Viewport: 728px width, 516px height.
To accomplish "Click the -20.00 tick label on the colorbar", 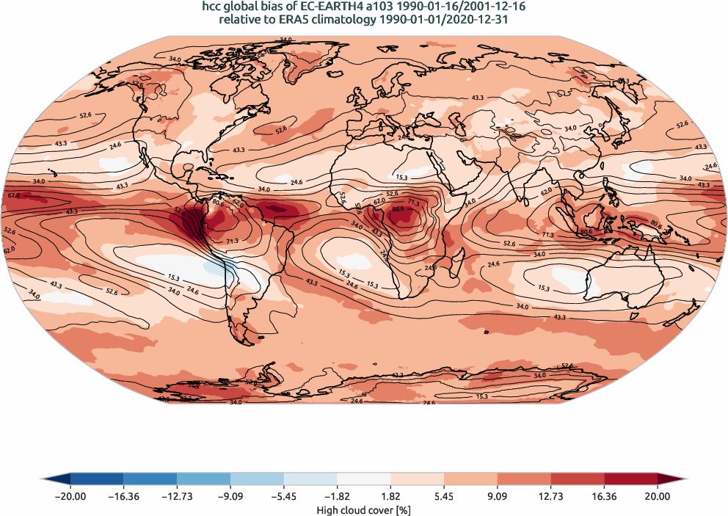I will click(70, 496).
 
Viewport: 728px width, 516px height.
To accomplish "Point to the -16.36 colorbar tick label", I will click(124, 496).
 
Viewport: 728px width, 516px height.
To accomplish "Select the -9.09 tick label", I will click(230, 496).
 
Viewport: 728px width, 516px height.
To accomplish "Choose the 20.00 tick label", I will click(658, 496).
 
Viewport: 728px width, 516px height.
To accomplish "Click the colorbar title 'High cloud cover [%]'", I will click(364, 509).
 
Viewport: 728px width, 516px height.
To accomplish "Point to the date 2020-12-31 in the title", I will click(477, 20).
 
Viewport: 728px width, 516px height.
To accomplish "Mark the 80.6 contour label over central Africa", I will click(398, 209).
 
